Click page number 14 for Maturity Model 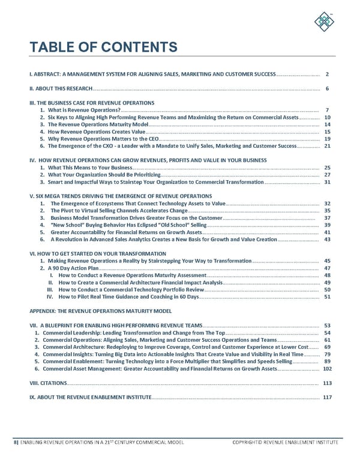tap(327, 124)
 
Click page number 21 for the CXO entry tap(327, 146)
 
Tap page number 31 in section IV tap(327, 181)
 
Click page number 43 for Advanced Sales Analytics tap(327, 239)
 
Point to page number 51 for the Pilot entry tap(327, 297)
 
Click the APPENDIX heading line tap(101, 311)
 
